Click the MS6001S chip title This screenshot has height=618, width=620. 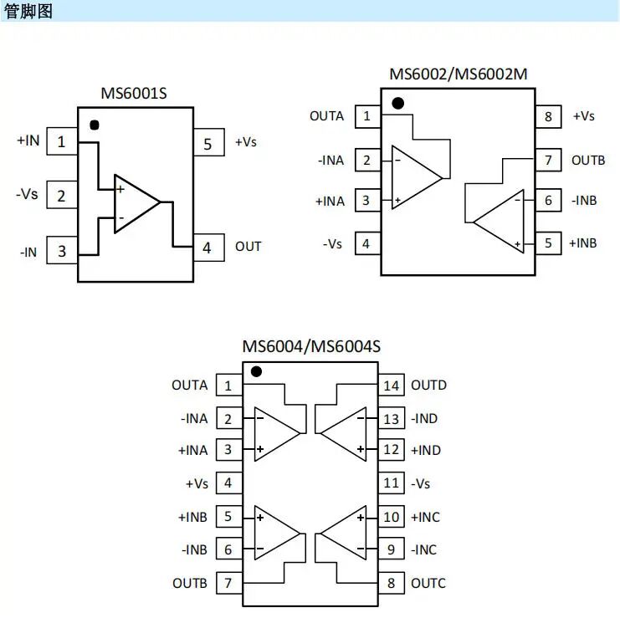pos(134,94)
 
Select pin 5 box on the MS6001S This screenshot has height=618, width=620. pos(208,143)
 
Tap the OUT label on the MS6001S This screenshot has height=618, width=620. pos(248,247)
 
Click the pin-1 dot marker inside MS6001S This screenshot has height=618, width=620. pos(95,125)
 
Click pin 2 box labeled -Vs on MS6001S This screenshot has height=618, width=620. pos(61,196)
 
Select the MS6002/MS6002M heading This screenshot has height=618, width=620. pos(458,74)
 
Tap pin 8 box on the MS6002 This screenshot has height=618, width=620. pos(548,116)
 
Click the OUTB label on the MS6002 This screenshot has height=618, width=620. pos(587,160)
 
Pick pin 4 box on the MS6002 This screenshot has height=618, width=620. pos(366,244)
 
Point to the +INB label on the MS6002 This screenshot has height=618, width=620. pos(583,243)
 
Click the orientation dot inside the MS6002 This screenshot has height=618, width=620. pos(398,104)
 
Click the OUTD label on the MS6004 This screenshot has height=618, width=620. pos(428,386)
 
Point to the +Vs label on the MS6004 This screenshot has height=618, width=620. pos(197,483)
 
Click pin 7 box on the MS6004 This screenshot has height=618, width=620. pos(228,583)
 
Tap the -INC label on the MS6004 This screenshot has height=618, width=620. pos(423,549)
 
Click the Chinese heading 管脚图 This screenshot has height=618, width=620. pos(28,11)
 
